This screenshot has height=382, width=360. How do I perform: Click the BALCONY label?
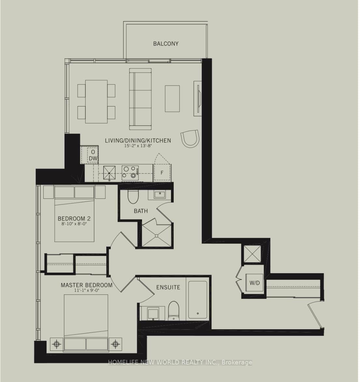click(x=166, y=44)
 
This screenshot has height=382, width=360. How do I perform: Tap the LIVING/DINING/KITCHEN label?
click(x=138, y=141)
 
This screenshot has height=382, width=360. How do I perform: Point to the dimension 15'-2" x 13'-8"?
click(x=138, y=146)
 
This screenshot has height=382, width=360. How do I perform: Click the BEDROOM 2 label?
click(x=74, y=219)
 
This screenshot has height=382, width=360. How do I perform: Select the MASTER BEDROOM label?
click(x=87, y=285)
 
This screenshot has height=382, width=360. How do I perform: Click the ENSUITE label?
click(x=168, y=287)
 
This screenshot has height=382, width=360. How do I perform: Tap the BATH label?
click(x=141, y=211)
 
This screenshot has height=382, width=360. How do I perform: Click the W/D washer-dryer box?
click(x=254, y=283)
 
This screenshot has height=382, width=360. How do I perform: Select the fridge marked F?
click(x=162, y=173)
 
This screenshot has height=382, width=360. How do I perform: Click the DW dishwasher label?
click(x=93, y=158)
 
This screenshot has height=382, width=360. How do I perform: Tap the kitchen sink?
click(x=109, y=173)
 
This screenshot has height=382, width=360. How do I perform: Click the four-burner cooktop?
click(x=130, y=173)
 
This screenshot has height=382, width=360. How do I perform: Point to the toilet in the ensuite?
click(x=174, y=311)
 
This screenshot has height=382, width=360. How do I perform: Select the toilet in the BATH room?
click(x=133, y=197)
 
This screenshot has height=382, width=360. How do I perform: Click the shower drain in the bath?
click(x=156, y=236)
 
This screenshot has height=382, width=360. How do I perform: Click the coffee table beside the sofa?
click(x=172, y=99)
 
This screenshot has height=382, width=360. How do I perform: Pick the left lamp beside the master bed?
click(x=57, y=344)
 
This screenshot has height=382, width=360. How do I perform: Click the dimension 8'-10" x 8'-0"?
click(x=74, y=224)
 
